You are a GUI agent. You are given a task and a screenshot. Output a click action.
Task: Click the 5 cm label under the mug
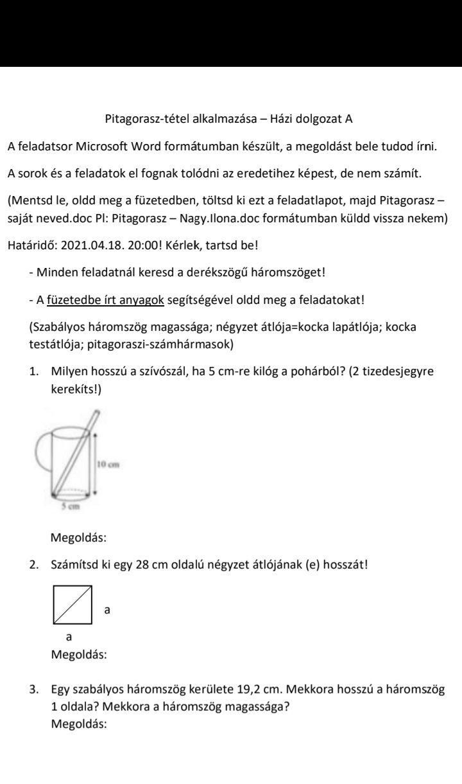tap(69, 506)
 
